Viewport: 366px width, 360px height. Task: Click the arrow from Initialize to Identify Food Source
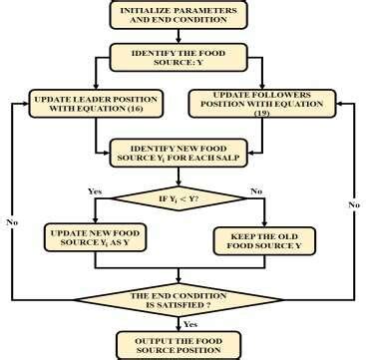(180, 38)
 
